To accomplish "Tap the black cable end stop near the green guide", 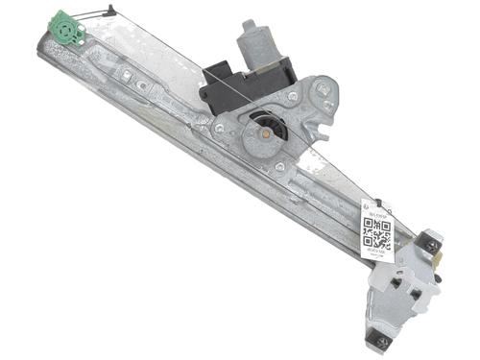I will click(x=110, y=12).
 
